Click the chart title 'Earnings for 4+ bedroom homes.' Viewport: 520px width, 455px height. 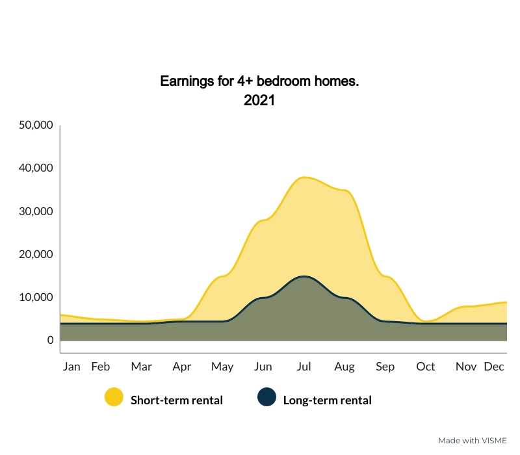[x=259, y=81]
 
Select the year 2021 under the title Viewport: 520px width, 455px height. [x=259, y=100]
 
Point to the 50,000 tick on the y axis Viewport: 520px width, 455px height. [x=36, y=125]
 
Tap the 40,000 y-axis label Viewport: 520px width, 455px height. [x=36, y=168]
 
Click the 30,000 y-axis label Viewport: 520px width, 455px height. [x=36, y=211]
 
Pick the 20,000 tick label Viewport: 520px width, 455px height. [x=36, y=254]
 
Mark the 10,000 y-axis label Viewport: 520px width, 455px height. [x=36, y=297]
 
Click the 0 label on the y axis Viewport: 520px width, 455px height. [x=51, y=340]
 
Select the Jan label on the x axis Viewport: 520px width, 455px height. [x=71, y=367]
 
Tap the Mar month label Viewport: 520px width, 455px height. [x=141, y=367]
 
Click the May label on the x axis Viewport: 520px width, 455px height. [x=222, y=367]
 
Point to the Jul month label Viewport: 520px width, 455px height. [x=304, y=367]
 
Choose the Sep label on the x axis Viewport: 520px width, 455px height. [x=385, y=367]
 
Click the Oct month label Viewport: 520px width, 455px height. [x=426, y=367]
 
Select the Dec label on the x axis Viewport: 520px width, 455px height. [x=494, y=367]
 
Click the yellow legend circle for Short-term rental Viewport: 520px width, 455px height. [x=114, y=396]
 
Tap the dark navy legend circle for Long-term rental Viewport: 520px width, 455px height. [x=266, y=396]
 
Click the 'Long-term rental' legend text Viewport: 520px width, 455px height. [x=328, y=400]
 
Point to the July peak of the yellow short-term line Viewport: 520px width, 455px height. [x=304, y=177]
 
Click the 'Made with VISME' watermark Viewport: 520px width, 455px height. [x=473, y=441]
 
